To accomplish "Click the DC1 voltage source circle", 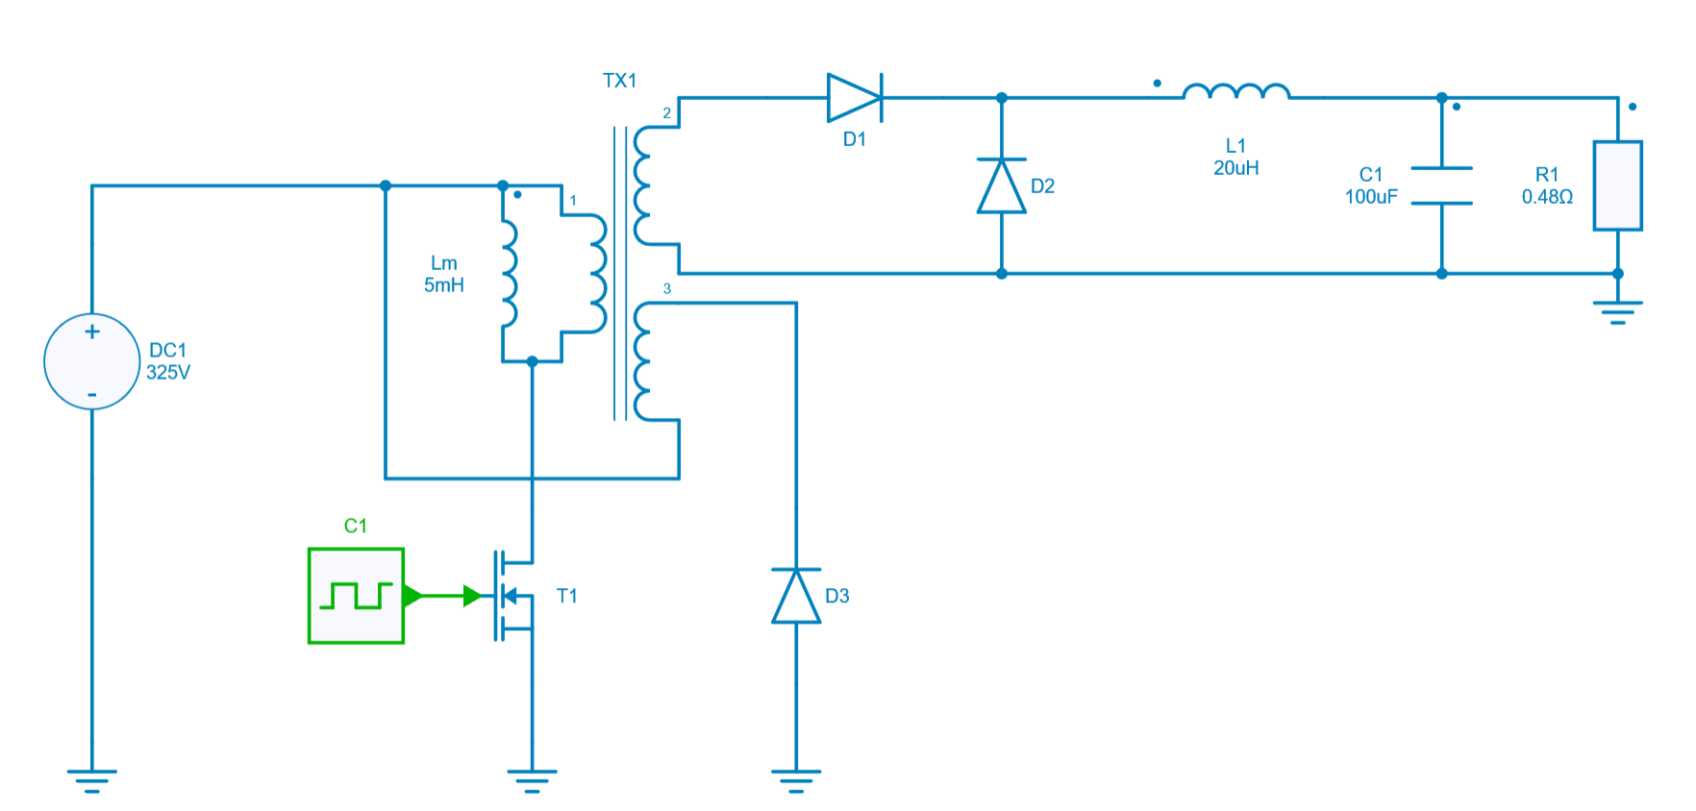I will point(92,361).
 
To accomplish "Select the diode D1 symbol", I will point(855,98).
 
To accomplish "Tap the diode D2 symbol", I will point(1002,185).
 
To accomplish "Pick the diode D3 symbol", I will point(796,596).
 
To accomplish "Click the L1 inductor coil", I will point(1236,92).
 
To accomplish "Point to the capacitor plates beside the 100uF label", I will point(1441,185).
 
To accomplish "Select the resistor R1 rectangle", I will point(1617,185).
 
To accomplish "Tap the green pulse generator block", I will point(356,596).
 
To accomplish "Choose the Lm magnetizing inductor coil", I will point(509,273).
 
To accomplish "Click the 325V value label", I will point(168,373).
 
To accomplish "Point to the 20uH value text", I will point(1236,168).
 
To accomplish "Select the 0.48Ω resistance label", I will point(1547,197).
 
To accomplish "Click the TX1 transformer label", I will point(619,81).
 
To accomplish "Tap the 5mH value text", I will point(444,285).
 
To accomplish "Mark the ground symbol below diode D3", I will point(796,779).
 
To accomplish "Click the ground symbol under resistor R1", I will point(1617,311).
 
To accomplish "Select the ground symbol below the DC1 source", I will point(92,779).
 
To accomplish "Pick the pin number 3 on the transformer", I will point(667,288).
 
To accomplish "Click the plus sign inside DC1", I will point(92,332).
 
